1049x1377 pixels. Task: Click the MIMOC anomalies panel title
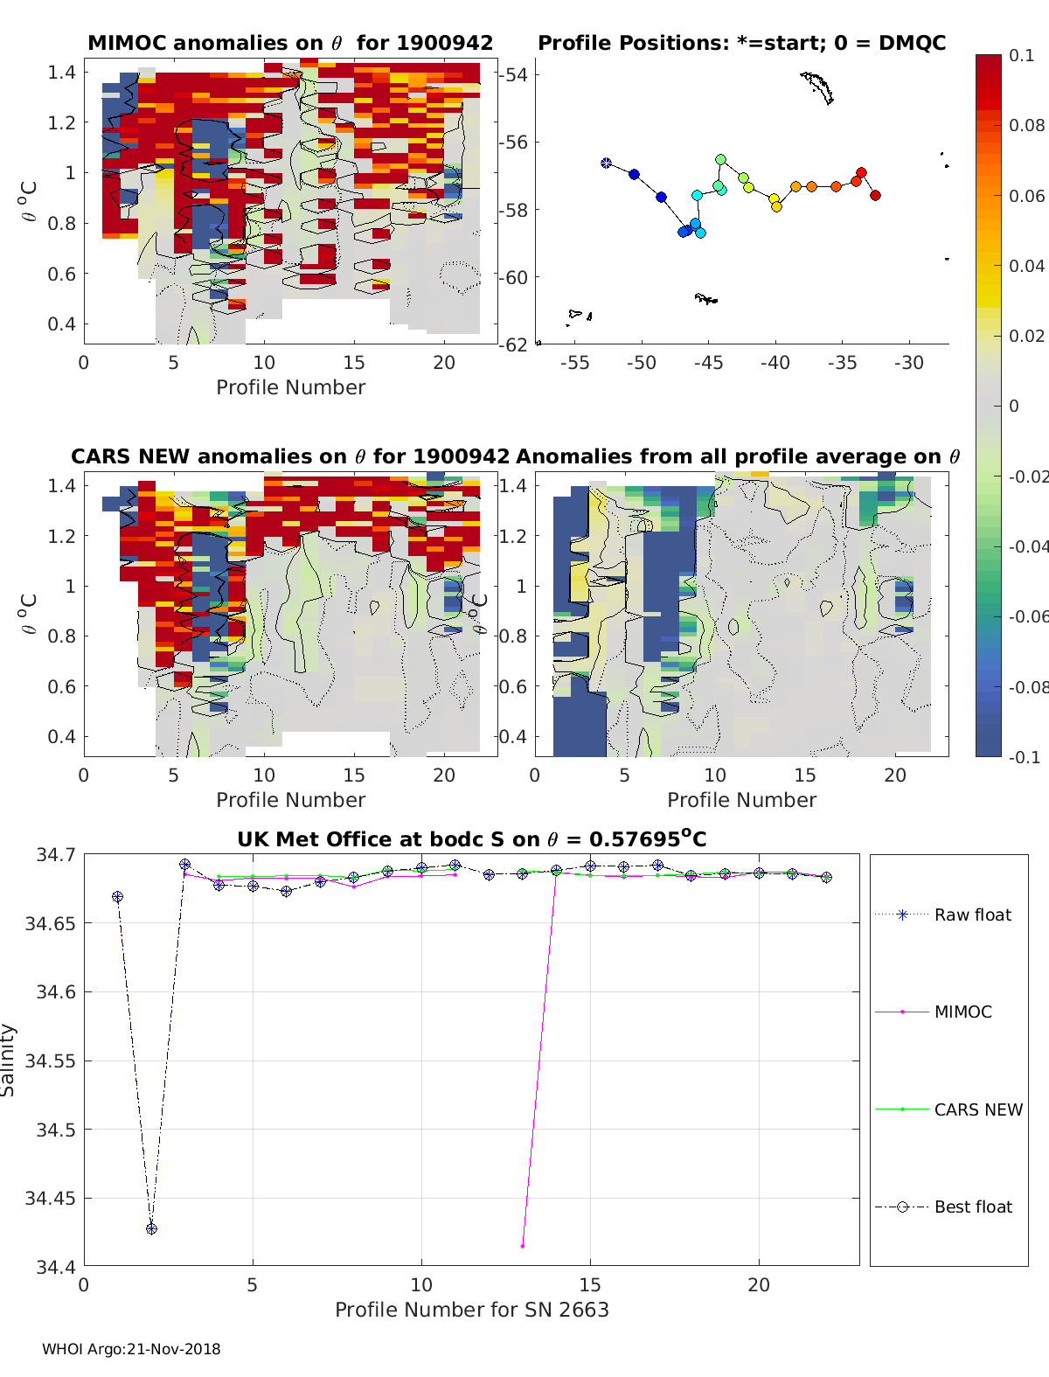coord(290,43)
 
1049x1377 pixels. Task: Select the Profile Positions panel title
coord(741,43)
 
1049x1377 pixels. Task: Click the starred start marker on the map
coord(606,163)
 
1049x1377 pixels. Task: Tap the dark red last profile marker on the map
coord(875,195)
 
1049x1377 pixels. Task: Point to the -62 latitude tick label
coord(515,344)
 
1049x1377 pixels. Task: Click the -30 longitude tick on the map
coord(909,363)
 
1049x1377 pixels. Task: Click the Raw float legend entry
coord(972,915)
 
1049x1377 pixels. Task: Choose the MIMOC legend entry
coord(962,1012)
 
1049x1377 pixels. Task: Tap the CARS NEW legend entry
coord(977,1109)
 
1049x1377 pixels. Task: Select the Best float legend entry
coord(972,1207)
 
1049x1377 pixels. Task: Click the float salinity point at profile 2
coord(151,1228)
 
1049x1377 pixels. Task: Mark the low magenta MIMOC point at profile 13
coord(523,1245)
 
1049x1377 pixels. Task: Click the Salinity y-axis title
coord(9,1060)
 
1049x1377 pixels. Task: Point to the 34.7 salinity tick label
coord(56,854)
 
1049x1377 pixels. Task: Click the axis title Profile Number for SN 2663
coord(471,1309)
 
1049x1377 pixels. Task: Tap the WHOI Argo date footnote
coord(131,1349)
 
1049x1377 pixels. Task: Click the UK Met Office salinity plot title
coord(471,839)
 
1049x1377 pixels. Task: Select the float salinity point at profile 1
coord(117,897)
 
